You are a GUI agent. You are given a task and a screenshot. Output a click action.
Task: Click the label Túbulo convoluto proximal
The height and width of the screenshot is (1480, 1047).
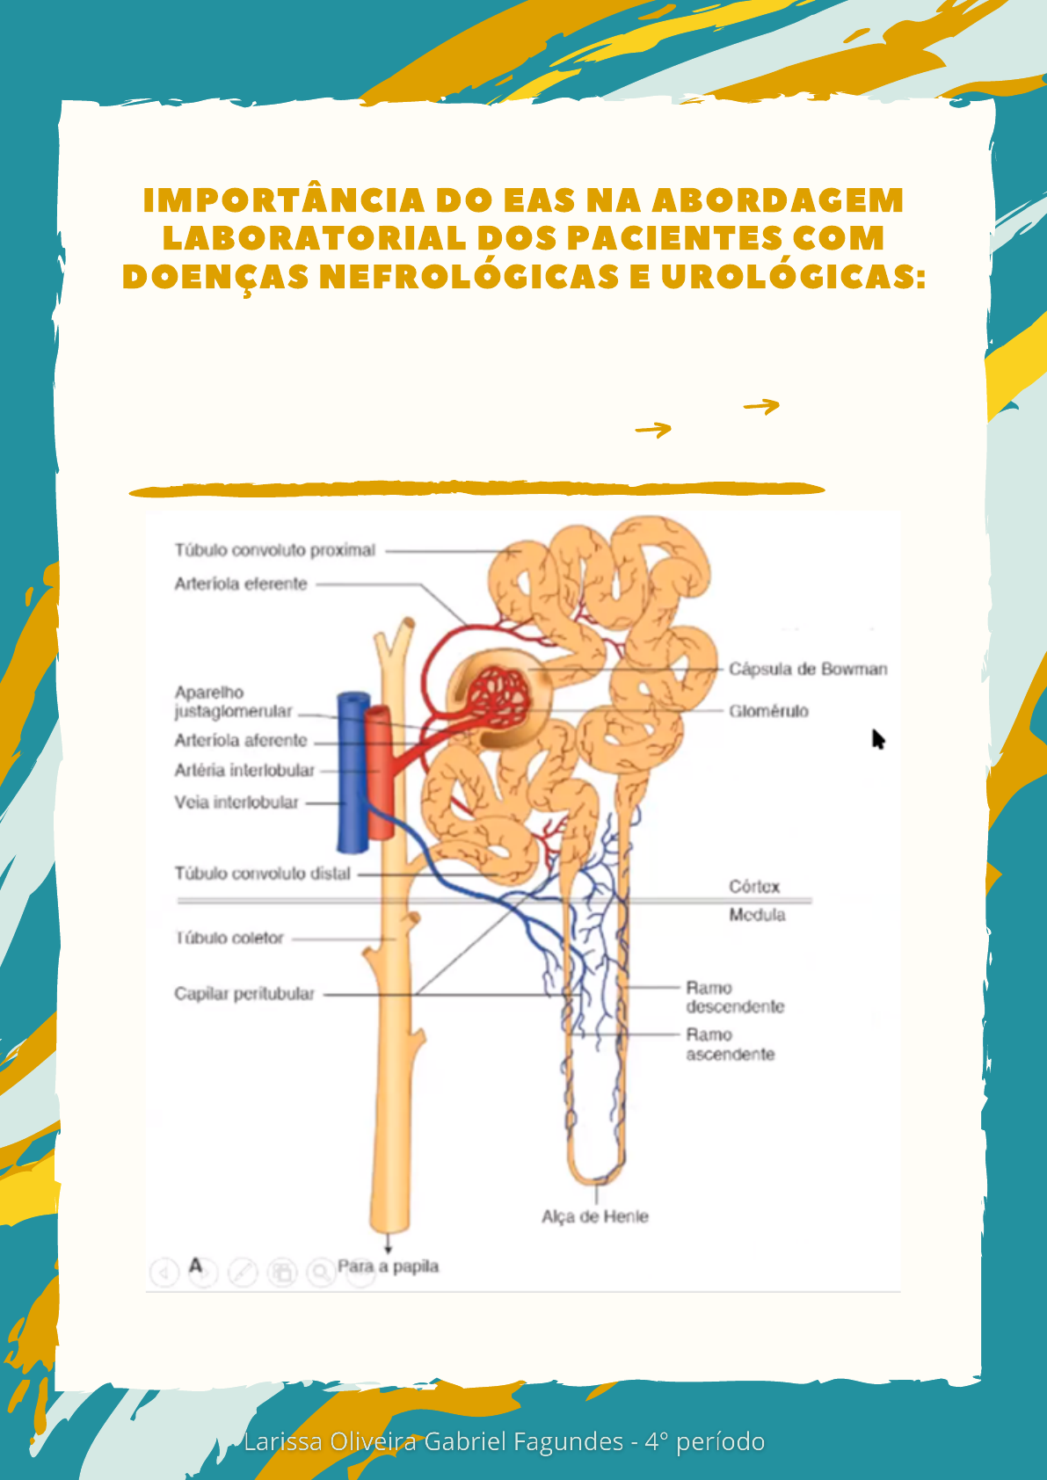point(274,550)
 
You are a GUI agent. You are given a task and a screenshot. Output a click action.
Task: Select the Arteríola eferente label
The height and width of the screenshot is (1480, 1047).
point(240,584)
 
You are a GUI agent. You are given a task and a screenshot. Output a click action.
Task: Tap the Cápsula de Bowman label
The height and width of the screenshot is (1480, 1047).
point(807,669)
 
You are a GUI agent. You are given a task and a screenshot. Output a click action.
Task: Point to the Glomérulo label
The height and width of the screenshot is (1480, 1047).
point(767,711)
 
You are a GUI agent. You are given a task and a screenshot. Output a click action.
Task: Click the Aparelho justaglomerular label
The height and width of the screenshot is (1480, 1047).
point(232,701)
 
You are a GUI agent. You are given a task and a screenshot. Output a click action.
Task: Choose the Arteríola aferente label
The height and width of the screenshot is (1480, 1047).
point(240,740)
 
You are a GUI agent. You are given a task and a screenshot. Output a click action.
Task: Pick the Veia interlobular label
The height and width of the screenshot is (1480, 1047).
point(236,802)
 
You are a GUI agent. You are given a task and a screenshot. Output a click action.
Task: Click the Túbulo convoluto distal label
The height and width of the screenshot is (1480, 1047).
point(262,873)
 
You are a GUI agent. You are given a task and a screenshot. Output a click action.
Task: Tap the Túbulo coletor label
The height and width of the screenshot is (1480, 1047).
point(229,938)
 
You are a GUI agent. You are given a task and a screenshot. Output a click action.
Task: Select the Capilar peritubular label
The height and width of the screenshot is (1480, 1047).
point(244,993)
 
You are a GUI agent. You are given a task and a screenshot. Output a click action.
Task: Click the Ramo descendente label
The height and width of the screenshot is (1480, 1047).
point(734,997)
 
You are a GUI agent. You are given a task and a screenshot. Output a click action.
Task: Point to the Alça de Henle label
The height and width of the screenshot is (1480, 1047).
point(594,1216)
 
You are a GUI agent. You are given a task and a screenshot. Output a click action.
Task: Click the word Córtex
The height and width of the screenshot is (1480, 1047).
point(753,886)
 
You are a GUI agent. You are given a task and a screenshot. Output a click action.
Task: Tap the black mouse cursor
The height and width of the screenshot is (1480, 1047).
point(877,739)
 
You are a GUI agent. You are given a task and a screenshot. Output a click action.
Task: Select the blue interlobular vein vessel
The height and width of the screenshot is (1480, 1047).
point(353,773)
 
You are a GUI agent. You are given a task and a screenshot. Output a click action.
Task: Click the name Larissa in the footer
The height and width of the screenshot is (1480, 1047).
point(283,1442)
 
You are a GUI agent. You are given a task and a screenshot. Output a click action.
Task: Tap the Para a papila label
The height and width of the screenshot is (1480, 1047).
point(388,1266)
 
